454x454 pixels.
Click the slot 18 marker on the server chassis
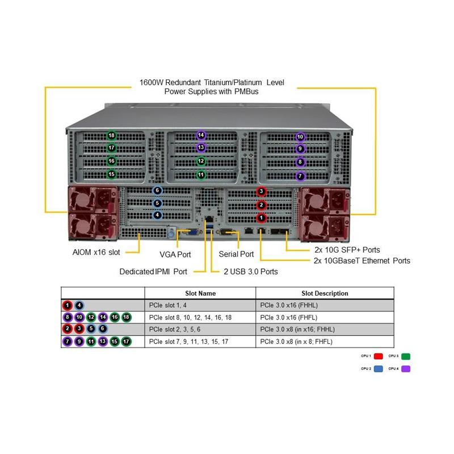pyautogui.click(x=112, y=136)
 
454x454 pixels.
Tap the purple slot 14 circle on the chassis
pyautogui.click(x=201, y=136)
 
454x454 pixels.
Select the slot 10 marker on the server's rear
pyautogui.click(x=300, y=137)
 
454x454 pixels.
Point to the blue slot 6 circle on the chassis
pyautogui.click(x=157, y=191)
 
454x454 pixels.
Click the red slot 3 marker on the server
pyautogui.click(x=261, y=191)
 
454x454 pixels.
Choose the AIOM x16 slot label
pyautogui.click(x=96, y=252)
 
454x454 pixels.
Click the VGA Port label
pyautogui.click(x=176, y=254)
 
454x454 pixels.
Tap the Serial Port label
pyautogui.click(x=237, y=254)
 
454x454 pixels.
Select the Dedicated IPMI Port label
pyautogui.click(x=153, y=271)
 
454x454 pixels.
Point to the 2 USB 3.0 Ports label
pyautogui.click(x=251, y=271)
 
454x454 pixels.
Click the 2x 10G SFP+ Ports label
pyautogui.click(x=347, y=250)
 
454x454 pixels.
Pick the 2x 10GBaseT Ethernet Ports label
pyautogui.click(x=361, y=261)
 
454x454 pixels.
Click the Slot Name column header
pyautogui.click(x=200, y=293)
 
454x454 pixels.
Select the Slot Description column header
pyautogui.click(x=325, y=293)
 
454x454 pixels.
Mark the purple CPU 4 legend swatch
pyautogui.click(x=406, y=369)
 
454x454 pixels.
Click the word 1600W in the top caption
pyautogui.click(x=150, y=82)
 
